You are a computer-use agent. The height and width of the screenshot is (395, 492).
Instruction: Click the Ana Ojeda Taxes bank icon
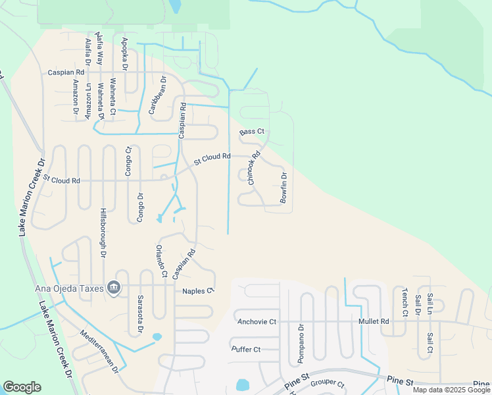[114, 288]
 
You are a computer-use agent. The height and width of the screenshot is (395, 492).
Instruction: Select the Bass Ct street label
[251, 132]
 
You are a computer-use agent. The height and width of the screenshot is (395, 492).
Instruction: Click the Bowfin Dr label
[285, 187]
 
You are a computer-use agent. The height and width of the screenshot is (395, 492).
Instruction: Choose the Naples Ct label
[199, 290]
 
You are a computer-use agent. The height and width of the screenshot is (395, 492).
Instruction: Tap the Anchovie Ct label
[257, 321]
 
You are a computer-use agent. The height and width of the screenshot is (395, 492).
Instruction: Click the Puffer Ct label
[247, 349]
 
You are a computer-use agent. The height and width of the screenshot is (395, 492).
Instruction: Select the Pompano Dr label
[301, 344]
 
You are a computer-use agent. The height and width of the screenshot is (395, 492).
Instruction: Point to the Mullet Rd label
[374, 321]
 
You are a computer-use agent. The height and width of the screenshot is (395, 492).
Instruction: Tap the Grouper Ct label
[328, 382]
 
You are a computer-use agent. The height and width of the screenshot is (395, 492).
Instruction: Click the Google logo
[22, 387]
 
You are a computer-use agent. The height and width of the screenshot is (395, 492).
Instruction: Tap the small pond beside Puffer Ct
[243, 384]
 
